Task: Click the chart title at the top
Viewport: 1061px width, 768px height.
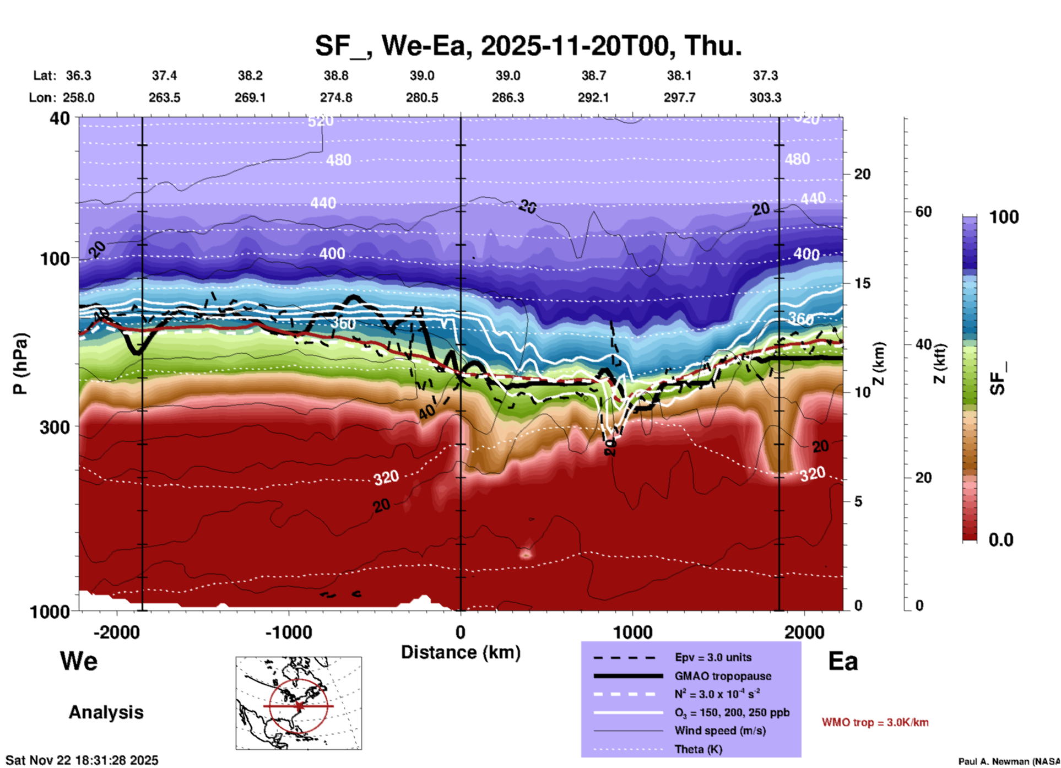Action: click(528, 45)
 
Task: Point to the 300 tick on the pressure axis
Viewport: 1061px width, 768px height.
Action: click(55, 427)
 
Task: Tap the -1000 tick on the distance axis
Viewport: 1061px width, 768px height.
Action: click(288, 632)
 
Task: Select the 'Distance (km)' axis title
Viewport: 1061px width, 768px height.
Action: click(461, 652)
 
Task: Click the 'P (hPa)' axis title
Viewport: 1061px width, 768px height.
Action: click(20, 364)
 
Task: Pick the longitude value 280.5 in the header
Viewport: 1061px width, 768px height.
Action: click(422, 98)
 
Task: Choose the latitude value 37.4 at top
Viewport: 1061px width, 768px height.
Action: click(164, 75)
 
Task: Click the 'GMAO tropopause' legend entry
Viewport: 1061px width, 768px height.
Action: click(723, 676)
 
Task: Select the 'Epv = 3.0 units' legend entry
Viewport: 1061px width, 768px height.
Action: click(713, 657)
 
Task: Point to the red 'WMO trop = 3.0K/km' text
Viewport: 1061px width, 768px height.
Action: click(875, 722)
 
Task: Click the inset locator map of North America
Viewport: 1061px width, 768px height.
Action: click(299, 703)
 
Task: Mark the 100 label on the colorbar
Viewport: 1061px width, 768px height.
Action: click(1004, 217)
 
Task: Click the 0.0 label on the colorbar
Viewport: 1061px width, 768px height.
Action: click(1001, 540)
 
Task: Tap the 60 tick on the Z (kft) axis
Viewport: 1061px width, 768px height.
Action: click(923, 212)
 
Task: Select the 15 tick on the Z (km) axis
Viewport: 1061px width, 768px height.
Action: click(862, 283)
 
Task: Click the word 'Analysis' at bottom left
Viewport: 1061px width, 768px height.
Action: click(106, 712)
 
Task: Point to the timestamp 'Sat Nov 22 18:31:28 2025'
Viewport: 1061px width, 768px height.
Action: click(82, 760)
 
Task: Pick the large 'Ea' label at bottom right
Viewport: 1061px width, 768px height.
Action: click(843, 661)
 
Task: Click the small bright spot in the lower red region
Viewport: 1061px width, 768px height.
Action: click(526, 554)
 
